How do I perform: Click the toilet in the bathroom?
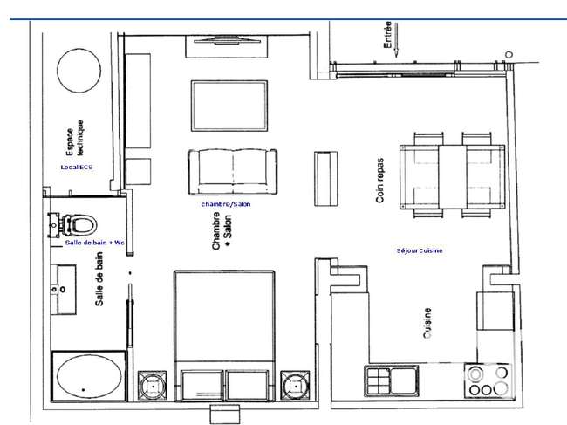click(74, 225)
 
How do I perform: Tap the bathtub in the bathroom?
click(89, 376)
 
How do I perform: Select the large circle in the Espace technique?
click(79, 71)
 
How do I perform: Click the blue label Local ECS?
click(77, 167)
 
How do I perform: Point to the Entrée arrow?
click(396, 40)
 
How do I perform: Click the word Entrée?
click(387, 35)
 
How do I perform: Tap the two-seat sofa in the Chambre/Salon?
click(233, 172)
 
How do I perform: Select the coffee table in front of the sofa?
click(229, 106)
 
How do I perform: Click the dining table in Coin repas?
click(453, 177)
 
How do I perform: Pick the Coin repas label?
click(379, 180)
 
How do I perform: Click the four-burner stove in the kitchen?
click(488, 380)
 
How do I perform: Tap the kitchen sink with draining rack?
click(392, 380)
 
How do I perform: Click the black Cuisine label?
click(427, 323)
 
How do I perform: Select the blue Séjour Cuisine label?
click(420, 250)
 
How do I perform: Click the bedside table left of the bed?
click(153, 386)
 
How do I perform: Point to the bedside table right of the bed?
click(295, 386)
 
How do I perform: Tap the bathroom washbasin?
click(63, 290)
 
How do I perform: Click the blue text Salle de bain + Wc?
click(95, 243)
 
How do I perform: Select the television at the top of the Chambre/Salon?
click(227, 40)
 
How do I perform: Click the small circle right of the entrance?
click(509, 55)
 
